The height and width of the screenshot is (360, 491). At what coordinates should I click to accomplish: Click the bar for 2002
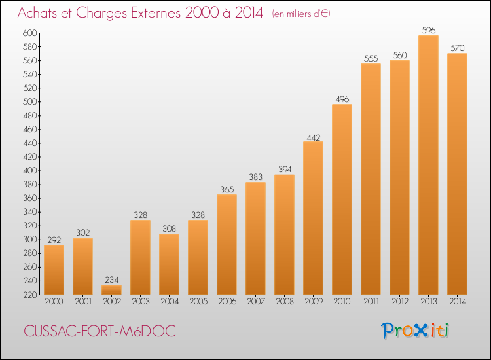point(111,289)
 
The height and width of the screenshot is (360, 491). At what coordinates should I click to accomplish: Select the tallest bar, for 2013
point(428,165)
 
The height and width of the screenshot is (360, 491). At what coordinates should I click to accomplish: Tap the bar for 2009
point(313,218)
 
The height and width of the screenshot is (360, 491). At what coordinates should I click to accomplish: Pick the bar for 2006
point(227,245)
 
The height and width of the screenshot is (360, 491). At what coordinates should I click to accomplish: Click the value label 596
point(428,30)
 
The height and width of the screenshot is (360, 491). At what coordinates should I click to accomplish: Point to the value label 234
point(112,279)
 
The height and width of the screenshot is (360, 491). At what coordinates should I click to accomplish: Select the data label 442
point(314,137)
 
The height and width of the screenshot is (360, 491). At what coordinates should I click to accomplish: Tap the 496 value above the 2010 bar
point(342,99)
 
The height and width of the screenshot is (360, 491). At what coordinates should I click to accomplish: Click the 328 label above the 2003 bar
point(141,215)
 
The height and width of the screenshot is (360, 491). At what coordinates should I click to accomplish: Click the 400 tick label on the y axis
point(29,171)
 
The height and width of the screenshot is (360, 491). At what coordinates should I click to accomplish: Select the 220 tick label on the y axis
point(29,295)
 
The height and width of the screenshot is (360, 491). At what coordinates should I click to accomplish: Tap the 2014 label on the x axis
point(458,302)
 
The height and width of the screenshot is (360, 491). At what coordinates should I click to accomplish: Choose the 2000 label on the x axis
point(54,302)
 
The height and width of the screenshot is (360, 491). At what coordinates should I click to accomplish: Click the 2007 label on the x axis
point(256,302)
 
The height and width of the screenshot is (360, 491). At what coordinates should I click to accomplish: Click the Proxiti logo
point(414,331)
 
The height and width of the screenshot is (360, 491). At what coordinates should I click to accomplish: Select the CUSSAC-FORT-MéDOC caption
point(100,331)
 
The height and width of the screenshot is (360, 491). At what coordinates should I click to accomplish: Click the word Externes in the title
point(156,13)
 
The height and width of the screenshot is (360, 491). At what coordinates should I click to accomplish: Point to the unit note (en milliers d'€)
point(301,14)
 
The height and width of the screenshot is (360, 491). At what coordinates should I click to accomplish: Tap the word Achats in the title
point(37,13)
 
